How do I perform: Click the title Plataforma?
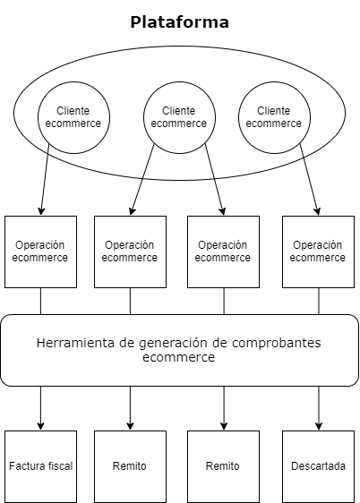tap(179, 21)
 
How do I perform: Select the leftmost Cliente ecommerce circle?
tap(74, 116)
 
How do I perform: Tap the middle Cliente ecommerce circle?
tap(179, 116)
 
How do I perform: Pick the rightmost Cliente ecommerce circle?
tap(273, 116)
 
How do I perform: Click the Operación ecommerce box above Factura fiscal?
tap(40, 251)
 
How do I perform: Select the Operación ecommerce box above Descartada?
tap(318, 251)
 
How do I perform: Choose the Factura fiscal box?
tap(40, 466)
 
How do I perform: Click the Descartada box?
tap(318, 466)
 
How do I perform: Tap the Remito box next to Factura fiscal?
tap(130, 466)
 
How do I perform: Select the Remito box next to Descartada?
tap(223, 466)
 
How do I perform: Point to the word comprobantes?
tap(276, 343)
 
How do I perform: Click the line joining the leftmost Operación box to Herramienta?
tap(40, 301)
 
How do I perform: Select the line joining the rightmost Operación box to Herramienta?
tap(318, 301)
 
